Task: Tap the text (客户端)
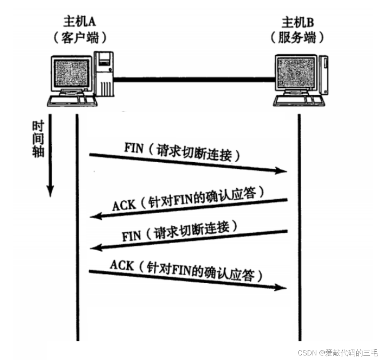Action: pyautogui.click(x=79, y=38)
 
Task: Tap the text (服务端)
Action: pyautogui.click(x=298, y=38)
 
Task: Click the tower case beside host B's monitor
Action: pyautogui.click(x=323, y=74)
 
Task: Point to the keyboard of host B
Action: pyautogui.click(x=296, y=100)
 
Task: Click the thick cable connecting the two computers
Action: pyautogui.click(x=194, y=79)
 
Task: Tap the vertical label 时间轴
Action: pyautogui.click(x=38, y=140)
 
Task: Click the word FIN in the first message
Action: pyautogui.click(x=134, y=148)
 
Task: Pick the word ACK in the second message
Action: pyautogui.click(x=124, y=205)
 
